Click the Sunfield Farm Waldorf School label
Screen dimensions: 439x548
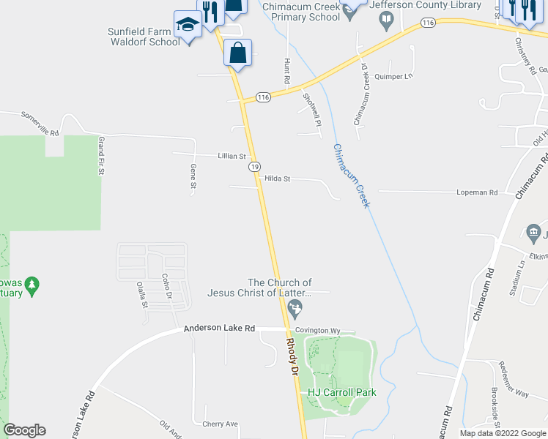point(144,36)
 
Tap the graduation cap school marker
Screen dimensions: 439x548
point(188,26)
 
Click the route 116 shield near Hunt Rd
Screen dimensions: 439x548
point(264,97)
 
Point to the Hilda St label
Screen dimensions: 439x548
point(278,179)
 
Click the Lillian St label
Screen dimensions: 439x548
point(232,156)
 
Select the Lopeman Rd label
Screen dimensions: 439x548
point(477,192)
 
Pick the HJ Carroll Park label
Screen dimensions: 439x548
point(341,392)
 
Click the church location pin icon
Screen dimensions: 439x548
point(295,307)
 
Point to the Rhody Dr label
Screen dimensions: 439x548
point(293,357)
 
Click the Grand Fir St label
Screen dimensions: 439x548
point(103,156)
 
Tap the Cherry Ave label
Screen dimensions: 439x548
point(221,424)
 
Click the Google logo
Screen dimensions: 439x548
point(24,430)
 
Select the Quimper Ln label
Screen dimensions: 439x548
point(394,76)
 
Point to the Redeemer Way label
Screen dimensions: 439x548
point(531,393)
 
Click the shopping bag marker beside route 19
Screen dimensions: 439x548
point(237,53)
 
